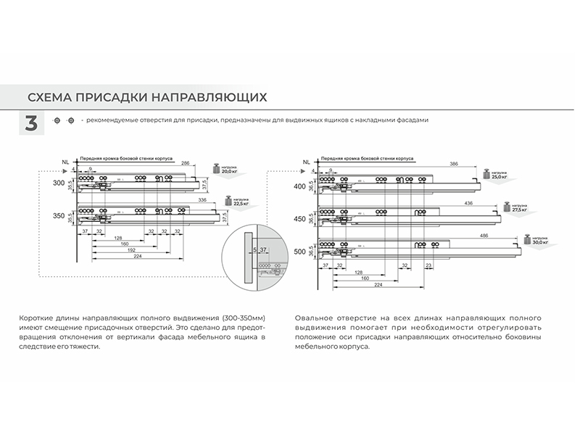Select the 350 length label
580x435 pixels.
click(x=59, y=215)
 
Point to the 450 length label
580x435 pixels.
click(x=299, y=218)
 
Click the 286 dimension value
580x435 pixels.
click(x=185, y=164)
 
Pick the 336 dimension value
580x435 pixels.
click(x=202, y=198)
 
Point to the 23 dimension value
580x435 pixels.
click(x=430, y=265)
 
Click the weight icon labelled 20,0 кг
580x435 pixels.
click(x=216, y=169)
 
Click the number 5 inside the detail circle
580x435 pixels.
click(x=254, y=249)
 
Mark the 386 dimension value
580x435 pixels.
click(x=453, y=164)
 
